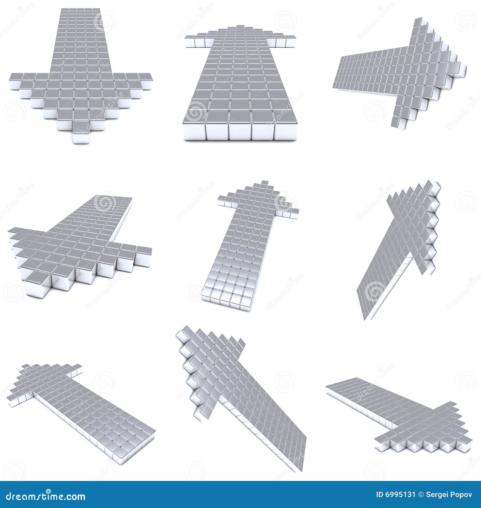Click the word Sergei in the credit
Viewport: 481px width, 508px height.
(436, 494)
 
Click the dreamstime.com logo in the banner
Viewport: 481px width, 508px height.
(45, 496)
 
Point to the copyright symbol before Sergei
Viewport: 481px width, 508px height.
(421, 494)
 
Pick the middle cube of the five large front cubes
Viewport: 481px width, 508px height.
(240, 126)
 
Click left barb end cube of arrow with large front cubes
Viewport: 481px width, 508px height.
(190, 41)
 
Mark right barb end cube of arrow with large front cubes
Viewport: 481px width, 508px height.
(290, 41)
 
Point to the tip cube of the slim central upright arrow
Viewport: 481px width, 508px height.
(265, 183)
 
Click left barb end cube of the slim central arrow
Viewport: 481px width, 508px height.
(222, 200)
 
